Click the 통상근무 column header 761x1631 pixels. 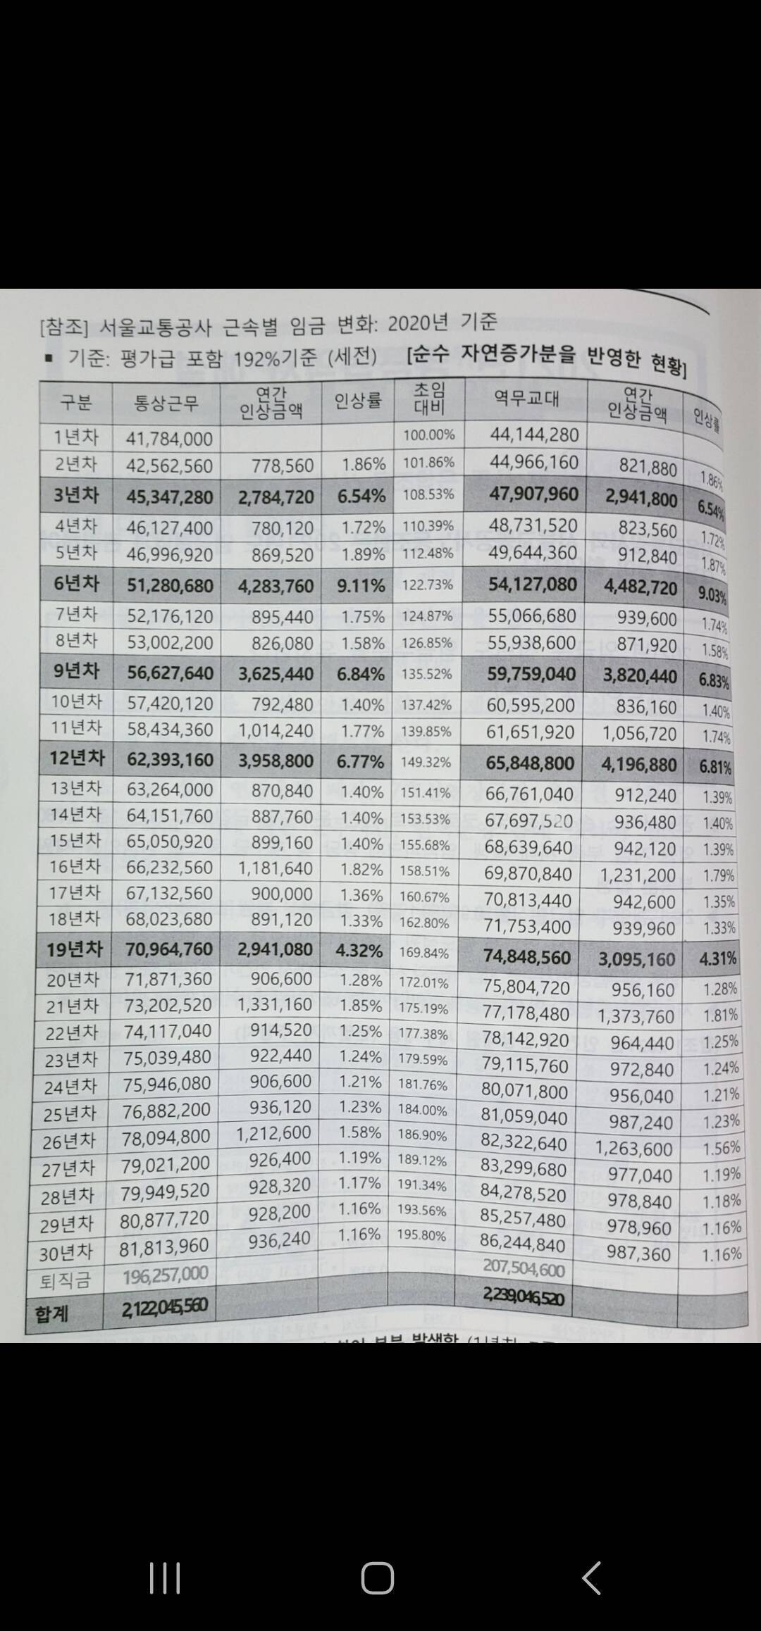pyautogui.click(x=166, y=403)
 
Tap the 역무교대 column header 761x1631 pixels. pyautogui.click(x=526, y=399)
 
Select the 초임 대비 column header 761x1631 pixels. pyautogui.click(x=428, y=398)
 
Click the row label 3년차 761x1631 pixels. pyautogui.click(x=76, y=496)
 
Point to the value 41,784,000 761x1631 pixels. pyautogui.click(x=169, y=439)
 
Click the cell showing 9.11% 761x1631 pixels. pyautogui.click(x=361, y=586)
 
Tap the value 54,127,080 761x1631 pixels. pyautogui.click(x=532, y=585)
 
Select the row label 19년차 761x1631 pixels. pyautogui.click(x=75, y=949)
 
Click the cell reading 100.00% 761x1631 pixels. pyautogui.click(x=428, y=435)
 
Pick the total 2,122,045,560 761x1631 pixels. pyautogui.click(x=164, y=1308)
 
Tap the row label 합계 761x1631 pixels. pyautogui.click(x=51, y=1314)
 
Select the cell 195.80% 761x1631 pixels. pyautogui.click(x=422, y=1236)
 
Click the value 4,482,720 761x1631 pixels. pyautogui.click(x=640, y=587)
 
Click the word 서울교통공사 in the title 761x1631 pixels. pyautogui.click(x=153, y=326)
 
